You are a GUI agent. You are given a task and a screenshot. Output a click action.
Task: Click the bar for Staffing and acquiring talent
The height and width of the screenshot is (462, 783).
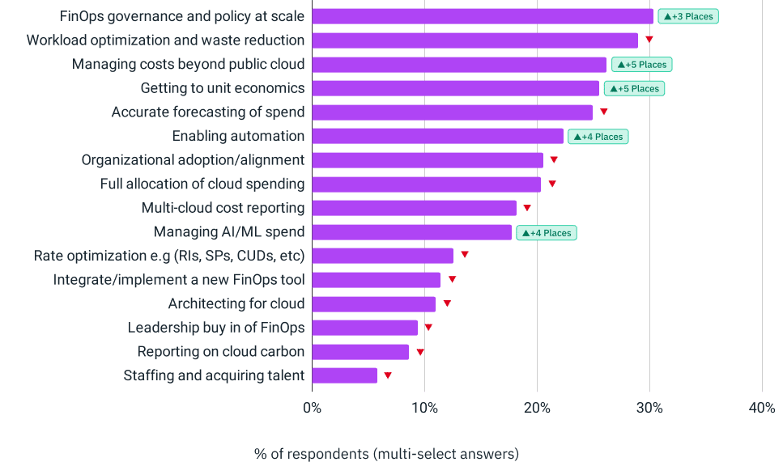click(x=344, y=375)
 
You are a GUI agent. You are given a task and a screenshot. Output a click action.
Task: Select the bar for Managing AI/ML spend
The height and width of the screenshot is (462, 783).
click(x=411, y=232)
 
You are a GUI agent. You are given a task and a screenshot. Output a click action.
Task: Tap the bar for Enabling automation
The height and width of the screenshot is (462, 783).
click(x=437, y=136)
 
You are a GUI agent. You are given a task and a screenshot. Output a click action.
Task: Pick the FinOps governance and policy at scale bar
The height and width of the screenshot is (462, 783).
click(x=482, y=16)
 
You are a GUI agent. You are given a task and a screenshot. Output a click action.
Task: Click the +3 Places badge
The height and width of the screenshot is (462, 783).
click(x=687, y=16)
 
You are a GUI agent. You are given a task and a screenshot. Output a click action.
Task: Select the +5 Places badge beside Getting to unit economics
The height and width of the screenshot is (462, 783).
click(x=634, y=88)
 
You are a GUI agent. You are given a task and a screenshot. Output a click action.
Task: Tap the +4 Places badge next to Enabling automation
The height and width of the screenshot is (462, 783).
click(x=598, y=137)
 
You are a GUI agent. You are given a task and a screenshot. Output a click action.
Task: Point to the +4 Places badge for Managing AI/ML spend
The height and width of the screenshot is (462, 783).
click(x=547, y=233)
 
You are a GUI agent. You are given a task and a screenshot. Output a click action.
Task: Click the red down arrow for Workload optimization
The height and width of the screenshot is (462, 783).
click(x=649, y=39)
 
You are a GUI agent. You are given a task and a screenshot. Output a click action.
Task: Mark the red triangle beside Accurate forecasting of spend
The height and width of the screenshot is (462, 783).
click(x=604, y=112)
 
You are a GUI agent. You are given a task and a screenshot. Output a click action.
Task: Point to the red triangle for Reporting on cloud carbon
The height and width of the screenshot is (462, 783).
click(x=420, y=352)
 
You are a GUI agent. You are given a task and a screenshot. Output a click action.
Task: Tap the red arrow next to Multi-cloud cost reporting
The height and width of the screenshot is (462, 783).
click(x=527, y=208)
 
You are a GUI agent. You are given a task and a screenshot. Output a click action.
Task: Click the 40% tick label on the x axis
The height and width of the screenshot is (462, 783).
click(x=762, y=408)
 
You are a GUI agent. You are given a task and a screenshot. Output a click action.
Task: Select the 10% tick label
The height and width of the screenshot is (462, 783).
click(x=424, y=408)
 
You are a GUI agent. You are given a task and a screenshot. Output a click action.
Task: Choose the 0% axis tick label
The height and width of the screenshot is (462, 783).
click(x=312, y=408)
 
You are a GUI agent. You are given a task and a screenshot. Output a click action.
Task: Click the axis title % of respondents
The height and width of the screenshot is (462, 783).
click(x=386, y=453)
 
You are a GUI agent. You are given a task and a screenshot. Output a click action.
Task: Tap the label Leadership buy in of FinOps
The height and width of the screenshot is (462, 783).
click(x=216, y=328)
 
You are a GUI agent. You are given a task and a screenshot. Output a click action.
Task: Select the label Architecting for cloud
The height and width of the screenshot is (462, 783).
click(x=236, y=303)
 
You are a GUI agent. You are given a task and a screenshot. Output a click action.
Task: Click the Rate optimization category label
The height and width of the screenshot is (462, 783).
click(x=169, y=256)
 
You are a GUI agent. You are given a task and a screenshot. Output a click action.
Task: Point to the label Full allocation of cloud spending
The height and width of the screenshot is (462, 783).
click(x=202, y=184)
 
